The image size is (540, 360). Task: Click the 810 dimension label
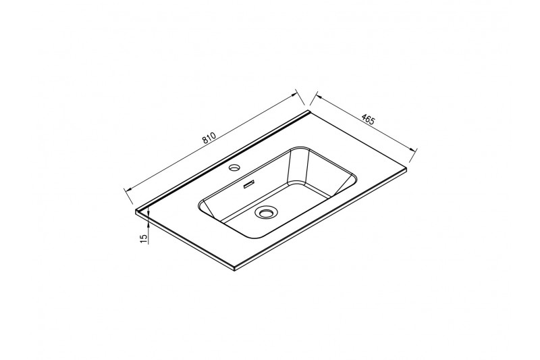tap(209, 138)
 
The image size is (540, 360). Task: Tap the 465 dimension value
tap(368, 119)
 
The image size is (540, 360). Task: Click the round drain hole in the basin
tap(265, 212)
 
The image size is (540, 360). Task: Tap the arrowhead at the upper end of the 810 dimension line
tap(294, 95)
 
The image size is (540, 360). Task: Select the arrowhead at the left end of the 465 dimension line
tap(319, 97)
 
